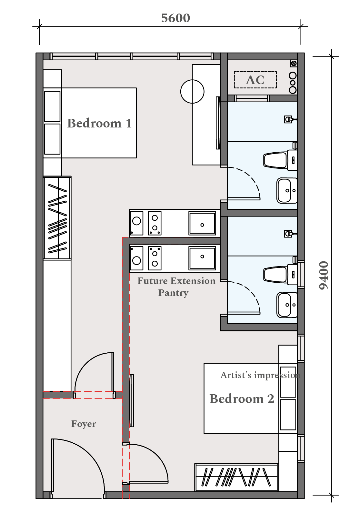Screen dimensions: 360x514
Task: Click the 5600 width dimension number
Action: pyautogui.click(x=175, y=18)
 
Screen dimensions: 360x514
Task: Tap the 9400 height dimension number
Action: pyautogui.click(x=324, y=275)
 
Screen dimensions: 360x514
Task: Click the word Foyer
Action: pyautogui.click(x=84, y=424)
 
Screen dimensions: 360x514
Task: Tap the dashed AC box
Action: pyautogui.click(x=255, y=80)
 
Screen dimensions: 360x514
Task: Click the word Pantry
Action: pyautogui.click(x=173, y=293)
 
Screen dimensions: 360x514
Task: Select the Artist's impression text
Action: pyautogui.click(x=260, y=376)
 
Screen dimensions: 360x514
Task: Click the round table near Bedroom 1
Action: pyautogui.click(x=192, y=91)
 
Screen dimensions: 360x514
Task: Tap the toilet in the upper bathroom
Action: pyautogui.click(x=280, y=160)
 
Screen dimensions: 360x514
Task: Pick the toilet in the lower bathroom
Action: pyautogui.click(x=280, y=275)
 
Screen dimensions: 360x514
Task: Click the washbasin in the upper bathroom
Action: pyautogui.click(x=287, y=190)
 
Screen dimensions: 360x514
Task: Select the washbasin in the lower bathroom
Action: pyautogui.click(x=287, y=305)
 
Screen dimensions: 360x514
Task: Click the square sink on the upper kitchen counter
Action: pyautogui.click(x=202, y=223)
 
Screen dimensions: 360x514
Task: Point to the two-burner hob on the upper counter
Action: pyautogui.click(x=155, y=223)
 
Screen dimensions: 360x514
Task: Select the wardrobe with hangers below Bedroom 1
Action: pyautogui.click(x=57, y=218)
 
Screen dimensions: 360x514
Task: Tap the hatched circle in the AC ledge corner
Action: pyautogui.click(x=294, y=63)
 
